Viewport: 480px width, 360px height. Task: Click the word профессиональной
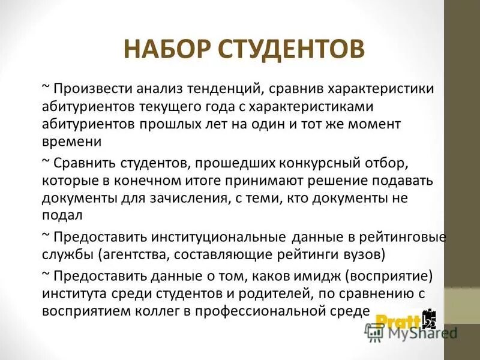pos(280,311)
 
